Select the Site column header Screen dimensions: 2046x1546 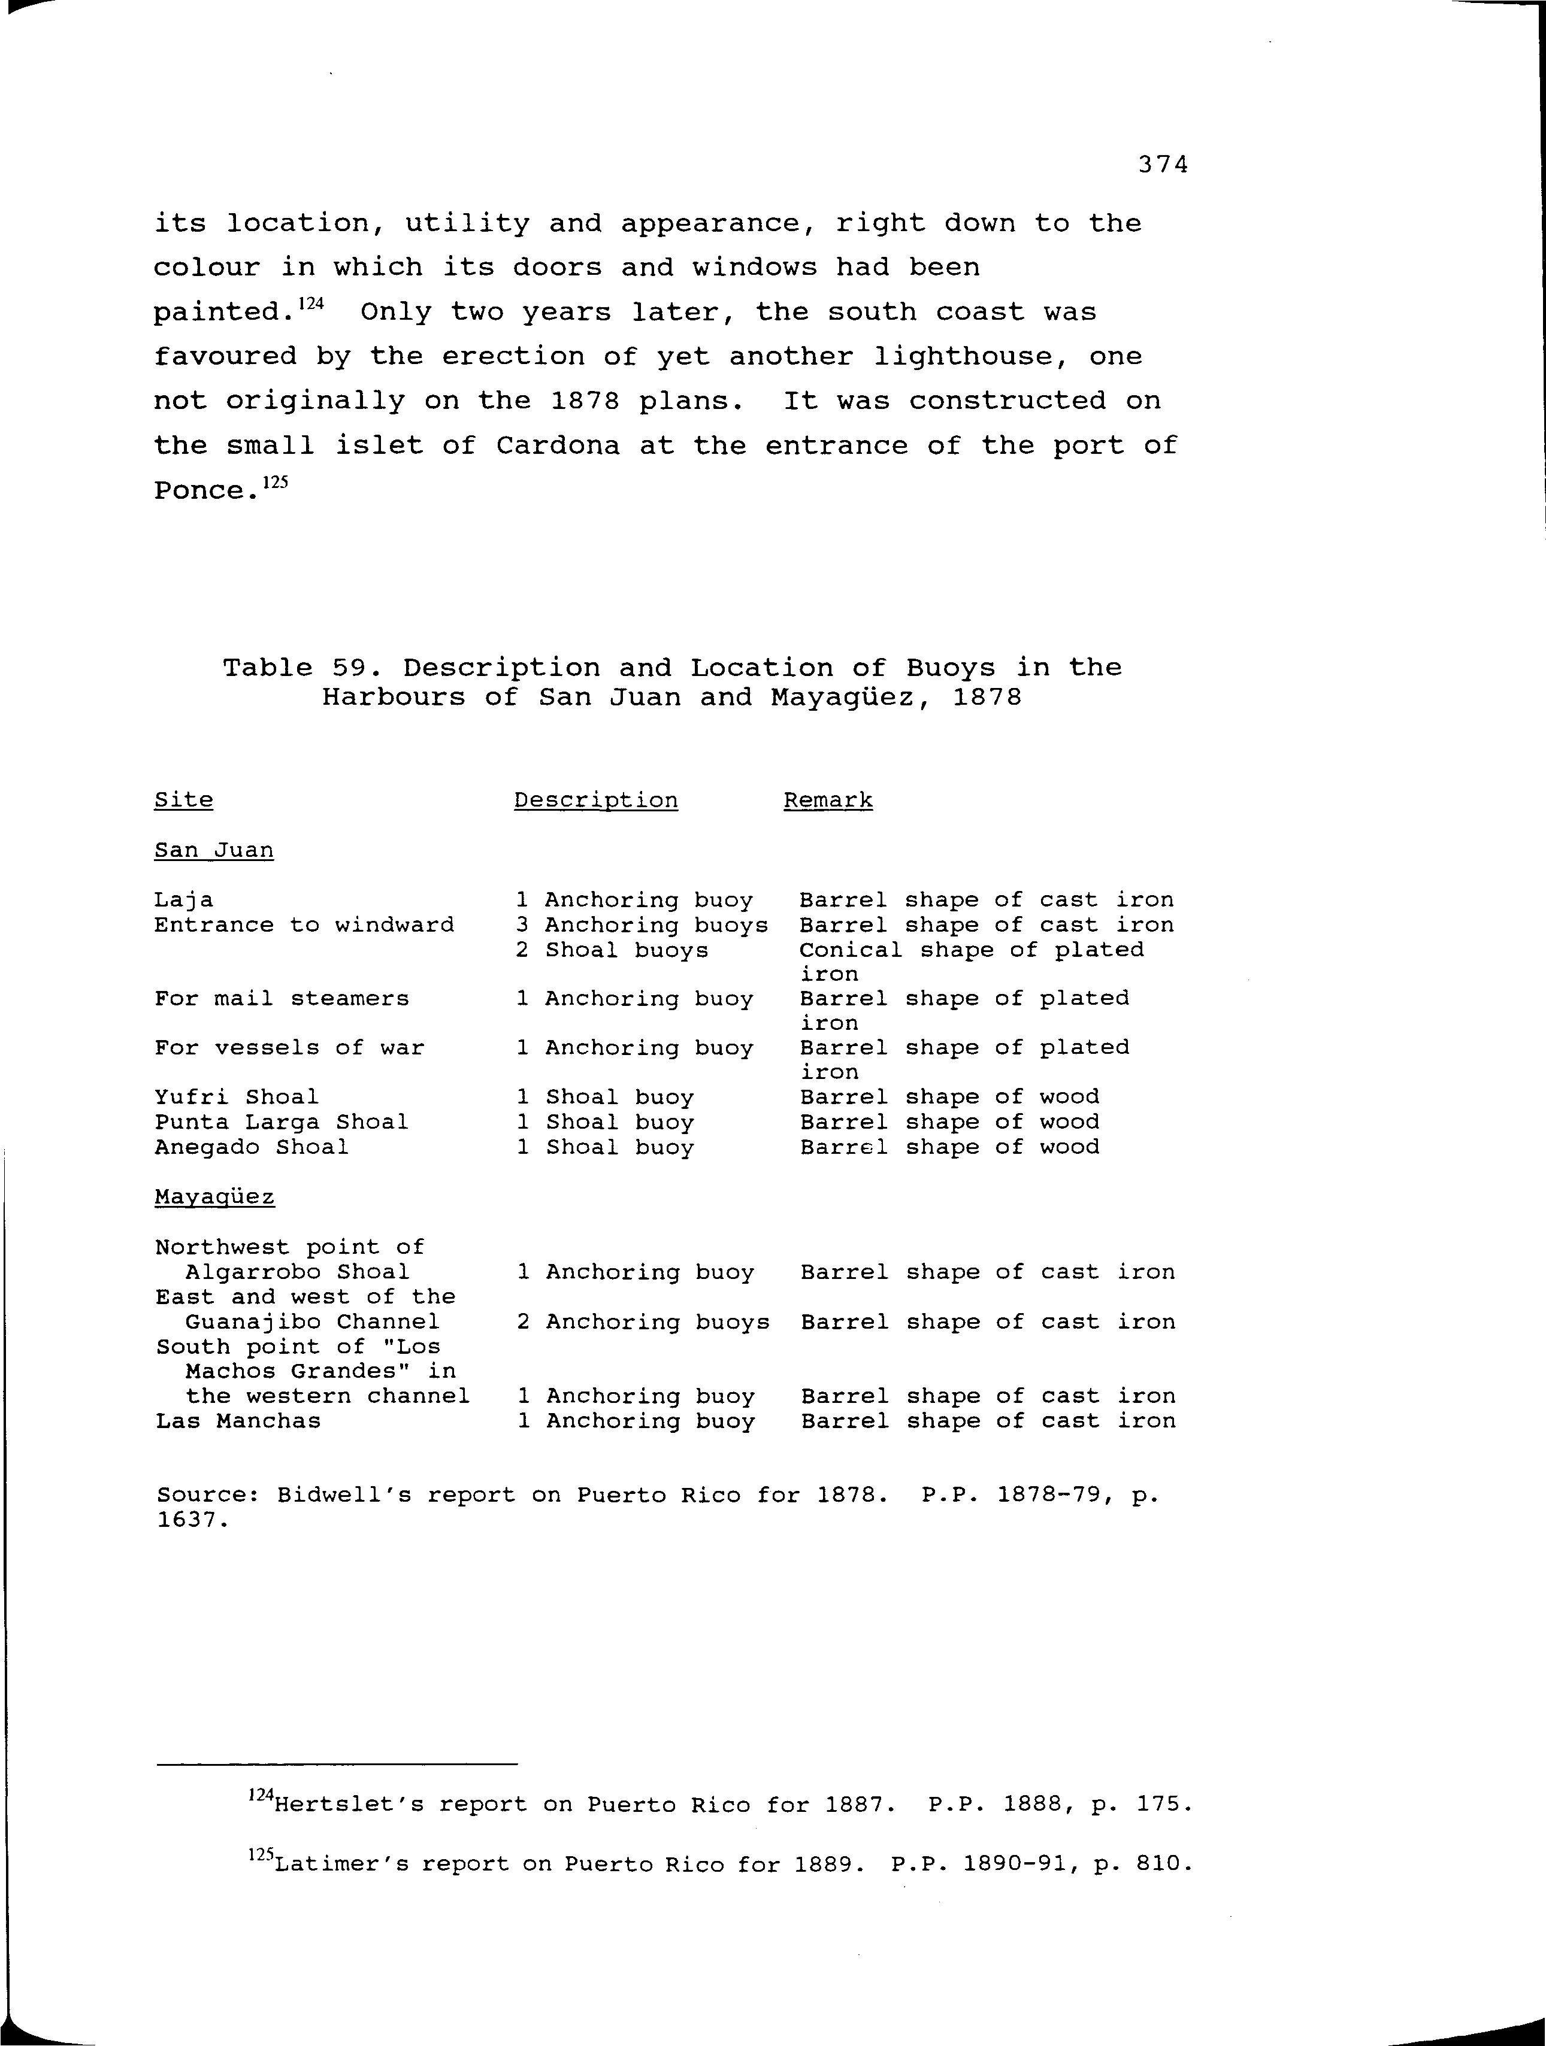(x=183, y=800)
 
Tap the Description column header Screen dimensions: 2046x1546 (x=596, y=800)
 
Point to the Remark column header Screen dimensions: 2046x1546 (x=828, y=800)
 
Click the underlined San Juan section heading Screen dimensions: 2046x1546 (x=214, y=850)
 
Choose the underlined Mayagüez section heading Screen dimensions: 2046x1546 (x=214, y=1197)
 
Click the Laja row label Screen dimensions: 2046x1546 (x=183, y=900)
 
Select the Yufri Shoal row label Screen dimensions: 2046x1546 (x=236, y=1097)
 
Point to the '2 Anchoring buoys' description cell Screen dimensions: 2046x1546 (x=643, y=1321)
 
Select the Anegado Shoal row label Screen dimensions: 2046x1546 (x=252, y=1147)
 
